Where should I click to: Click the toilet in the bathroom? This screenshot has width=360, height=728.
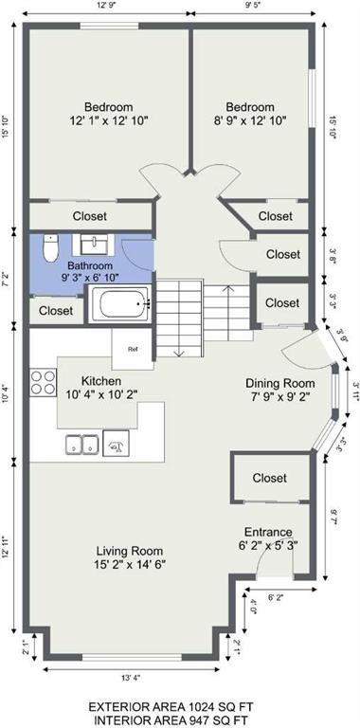50,247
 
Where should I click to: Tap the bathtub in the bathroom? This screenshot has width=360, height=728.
120,303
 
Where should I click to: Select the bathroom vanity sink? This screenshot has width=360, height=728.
94,245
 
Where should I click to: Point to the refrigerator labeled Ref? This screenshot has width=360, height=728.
133,349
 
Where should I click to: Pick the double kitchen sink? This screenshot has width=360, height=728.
81,444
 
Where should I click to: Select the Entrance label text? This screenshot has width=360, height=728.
268,532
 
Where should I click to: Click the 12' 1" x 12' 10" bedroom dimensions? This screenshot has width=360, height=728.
109,120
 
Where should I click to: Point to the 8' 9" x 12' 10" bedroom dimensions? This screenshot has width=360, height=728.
250,120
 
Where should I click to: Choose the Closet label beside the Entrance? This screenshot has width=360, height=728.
270,478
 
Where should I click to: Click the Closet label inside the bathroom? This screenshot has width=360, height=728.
56,310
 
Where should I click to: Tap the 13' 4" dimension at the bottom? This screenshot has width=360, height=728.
132,678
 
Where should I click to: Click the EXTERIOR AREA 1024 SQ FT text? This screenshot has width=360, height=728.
171,707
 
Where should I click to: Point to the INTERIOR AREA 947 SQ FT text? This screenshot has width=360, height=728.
171,720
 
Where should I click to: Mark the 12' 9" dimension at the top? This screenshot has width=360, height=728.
108,6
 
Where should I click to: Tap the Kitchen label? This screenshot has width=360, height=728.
101,381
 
